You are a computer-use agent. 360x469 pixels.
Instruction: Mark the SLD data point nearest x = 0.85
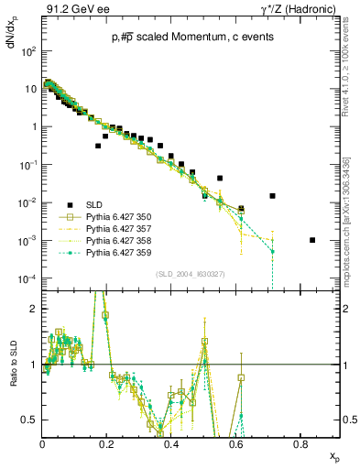312,240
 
